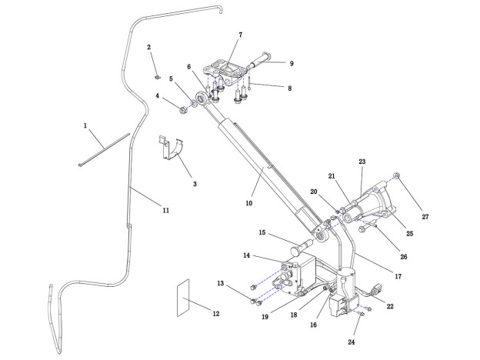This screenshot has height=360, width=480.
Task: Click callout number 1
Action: [86, 124]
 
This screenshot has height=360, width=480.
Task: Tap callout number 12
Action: [215, 313]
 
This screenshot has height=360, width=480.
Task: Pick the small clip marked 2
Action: [156, 76]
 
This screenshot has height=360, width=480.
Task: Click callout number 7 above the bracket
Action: [240, 35]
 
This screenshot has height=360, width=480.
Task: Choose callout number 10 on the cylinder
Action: [248, 203]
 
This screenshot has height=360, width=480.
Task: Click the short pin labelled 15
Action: [299, 250]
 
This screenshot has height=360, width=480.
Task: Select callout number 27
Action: [425, 217]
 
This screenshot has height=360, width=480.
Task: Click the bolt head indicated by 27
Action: [396, 176]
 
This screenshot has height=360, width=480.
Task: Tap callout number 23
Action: [362, 162]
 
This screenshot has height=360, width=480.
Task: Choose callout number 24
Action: [352, 342]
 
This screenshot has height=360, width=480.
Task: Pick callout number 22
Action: [390, 306]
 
